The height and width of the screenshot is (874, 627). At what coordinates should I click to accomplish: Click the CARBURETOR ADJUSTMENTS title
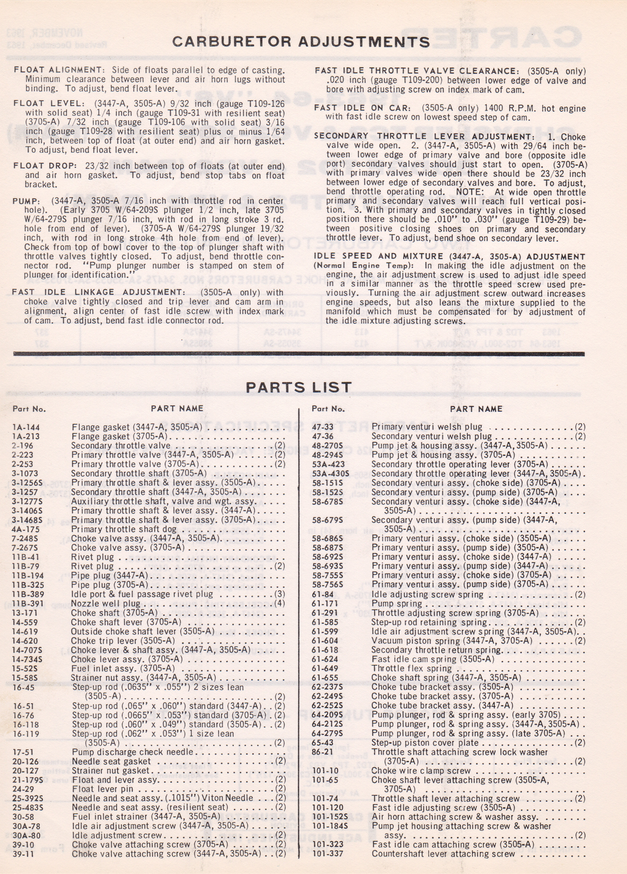(301, 42)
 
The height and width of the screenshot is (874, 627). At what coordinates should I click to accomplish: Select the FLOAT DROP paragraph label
(43, 166)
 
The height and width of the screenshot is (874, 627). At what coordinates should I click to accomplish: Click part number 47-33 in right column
(323, 427)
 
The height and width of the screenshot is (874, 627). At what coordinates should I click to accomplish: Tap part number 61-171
(325, 604)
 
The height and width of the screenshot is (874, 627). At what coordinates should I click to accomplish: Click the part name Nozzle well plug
(106, 604)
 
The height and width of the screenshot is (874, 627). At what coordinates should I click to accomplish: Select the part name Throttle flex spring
(411, 669)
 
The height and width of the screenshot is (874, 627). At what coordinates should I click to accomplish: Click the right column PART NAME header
(476, 409)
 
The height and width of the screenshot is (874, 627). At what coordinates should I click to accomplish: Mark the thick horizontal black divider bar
(299, 354)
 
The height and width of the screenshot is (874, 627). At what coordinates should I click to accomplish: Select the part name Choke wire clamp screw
(421, 771)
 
